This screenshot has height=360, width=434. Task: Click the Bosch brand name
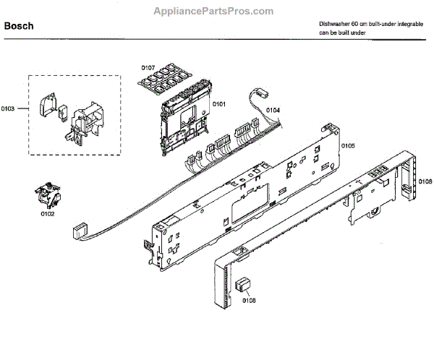click(x=19, y=26)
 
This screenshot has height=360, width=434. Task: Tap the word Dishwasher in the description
click(x=336, y=24)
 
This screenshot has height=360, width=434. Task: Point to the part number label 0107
click(x=148, y=68)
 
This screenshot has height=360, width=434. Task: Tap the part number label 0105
click(x=348, y=146)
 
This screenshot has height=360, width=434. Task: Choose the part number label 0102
click(x=47, y=213)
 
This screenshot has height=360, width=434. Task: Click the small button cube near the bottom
click(x=242, y=283)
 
